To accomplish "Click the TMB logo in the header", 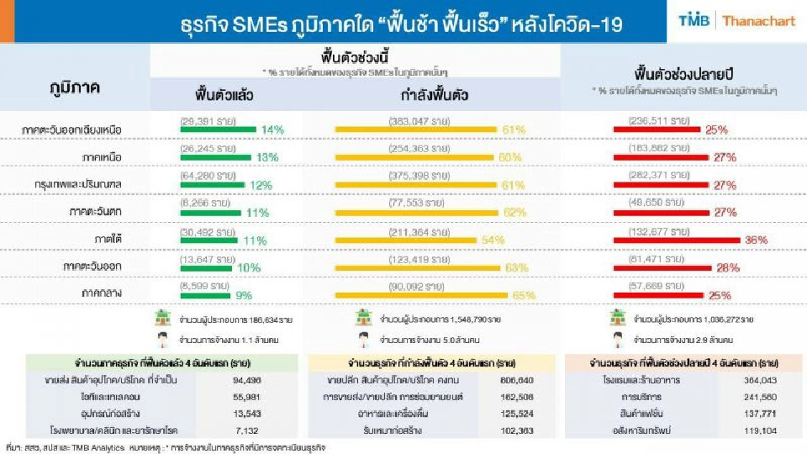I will [695, 21].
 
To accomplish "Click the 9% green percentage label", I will [245, 295].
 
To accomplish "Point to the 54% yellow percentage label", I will [493, 240].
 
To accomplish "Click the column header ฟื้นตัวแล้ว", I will [224, 94].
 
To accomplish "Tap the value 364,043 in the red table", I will [758, 381].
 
